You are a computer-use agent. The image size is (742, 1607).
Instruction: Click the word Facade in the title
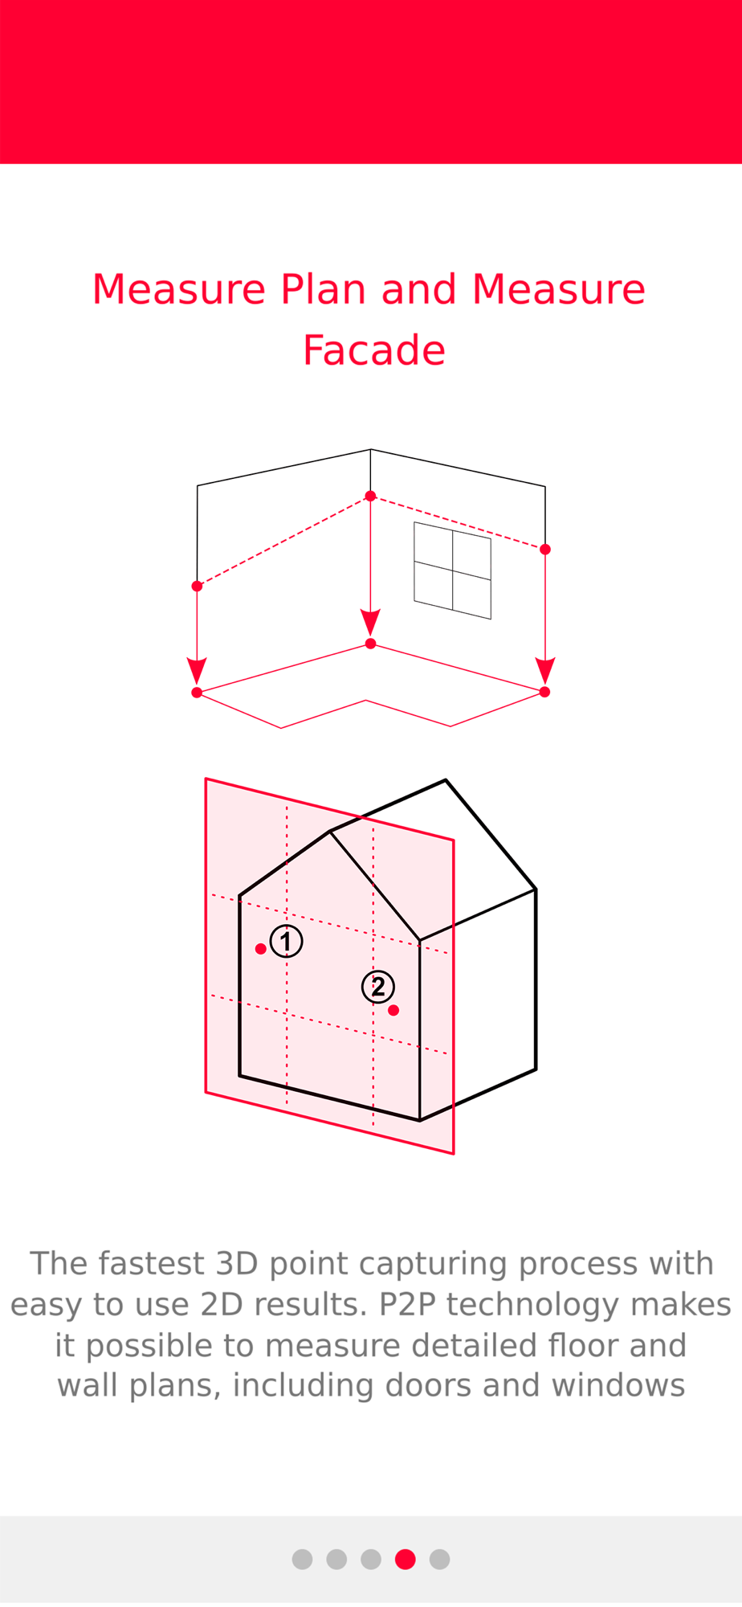[x=374, y=350]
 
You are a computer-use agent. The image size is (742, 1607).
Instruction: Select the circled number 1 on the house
[x=286, y=941]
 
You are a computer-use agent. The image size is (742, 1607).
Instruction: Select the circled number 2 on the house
[x=378, y=987]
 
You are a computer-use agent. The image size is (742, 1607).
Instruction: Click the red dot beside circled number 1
[x=260, y=949]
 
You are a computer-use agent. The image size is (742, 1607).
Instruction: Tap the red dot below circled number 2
[x=393, y=1010]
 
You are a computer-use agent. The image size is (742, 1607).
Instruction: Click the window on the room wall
[x=452, y=570]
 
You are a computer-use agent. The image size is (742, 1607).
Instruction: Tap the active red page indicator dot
[x=406, y=1559]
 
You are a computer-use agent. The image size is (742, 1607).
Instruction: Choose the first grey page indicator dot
[x=302, y=1559]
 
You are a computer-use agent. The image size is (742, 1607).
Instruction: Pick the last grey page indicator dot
[x=439, y=1559]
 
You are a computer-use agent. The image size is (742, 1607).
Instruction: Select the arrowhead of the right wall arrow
[x=545, y=671]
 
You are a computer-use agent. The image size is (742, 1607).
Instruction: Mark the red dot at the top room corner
[x=370, y=496]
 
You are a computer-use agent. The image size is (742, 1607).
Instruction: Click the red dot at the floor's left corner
[x=197, y=693]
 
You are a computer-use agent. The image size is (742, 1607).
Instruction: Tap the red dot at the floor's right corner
[x=545, y=692]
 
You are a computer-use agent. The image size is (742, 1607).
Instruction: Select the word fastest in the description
[x=153, y=1263]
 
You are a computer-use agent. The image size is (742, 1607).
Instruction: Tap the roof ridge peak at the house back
[x=446, y=779]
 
